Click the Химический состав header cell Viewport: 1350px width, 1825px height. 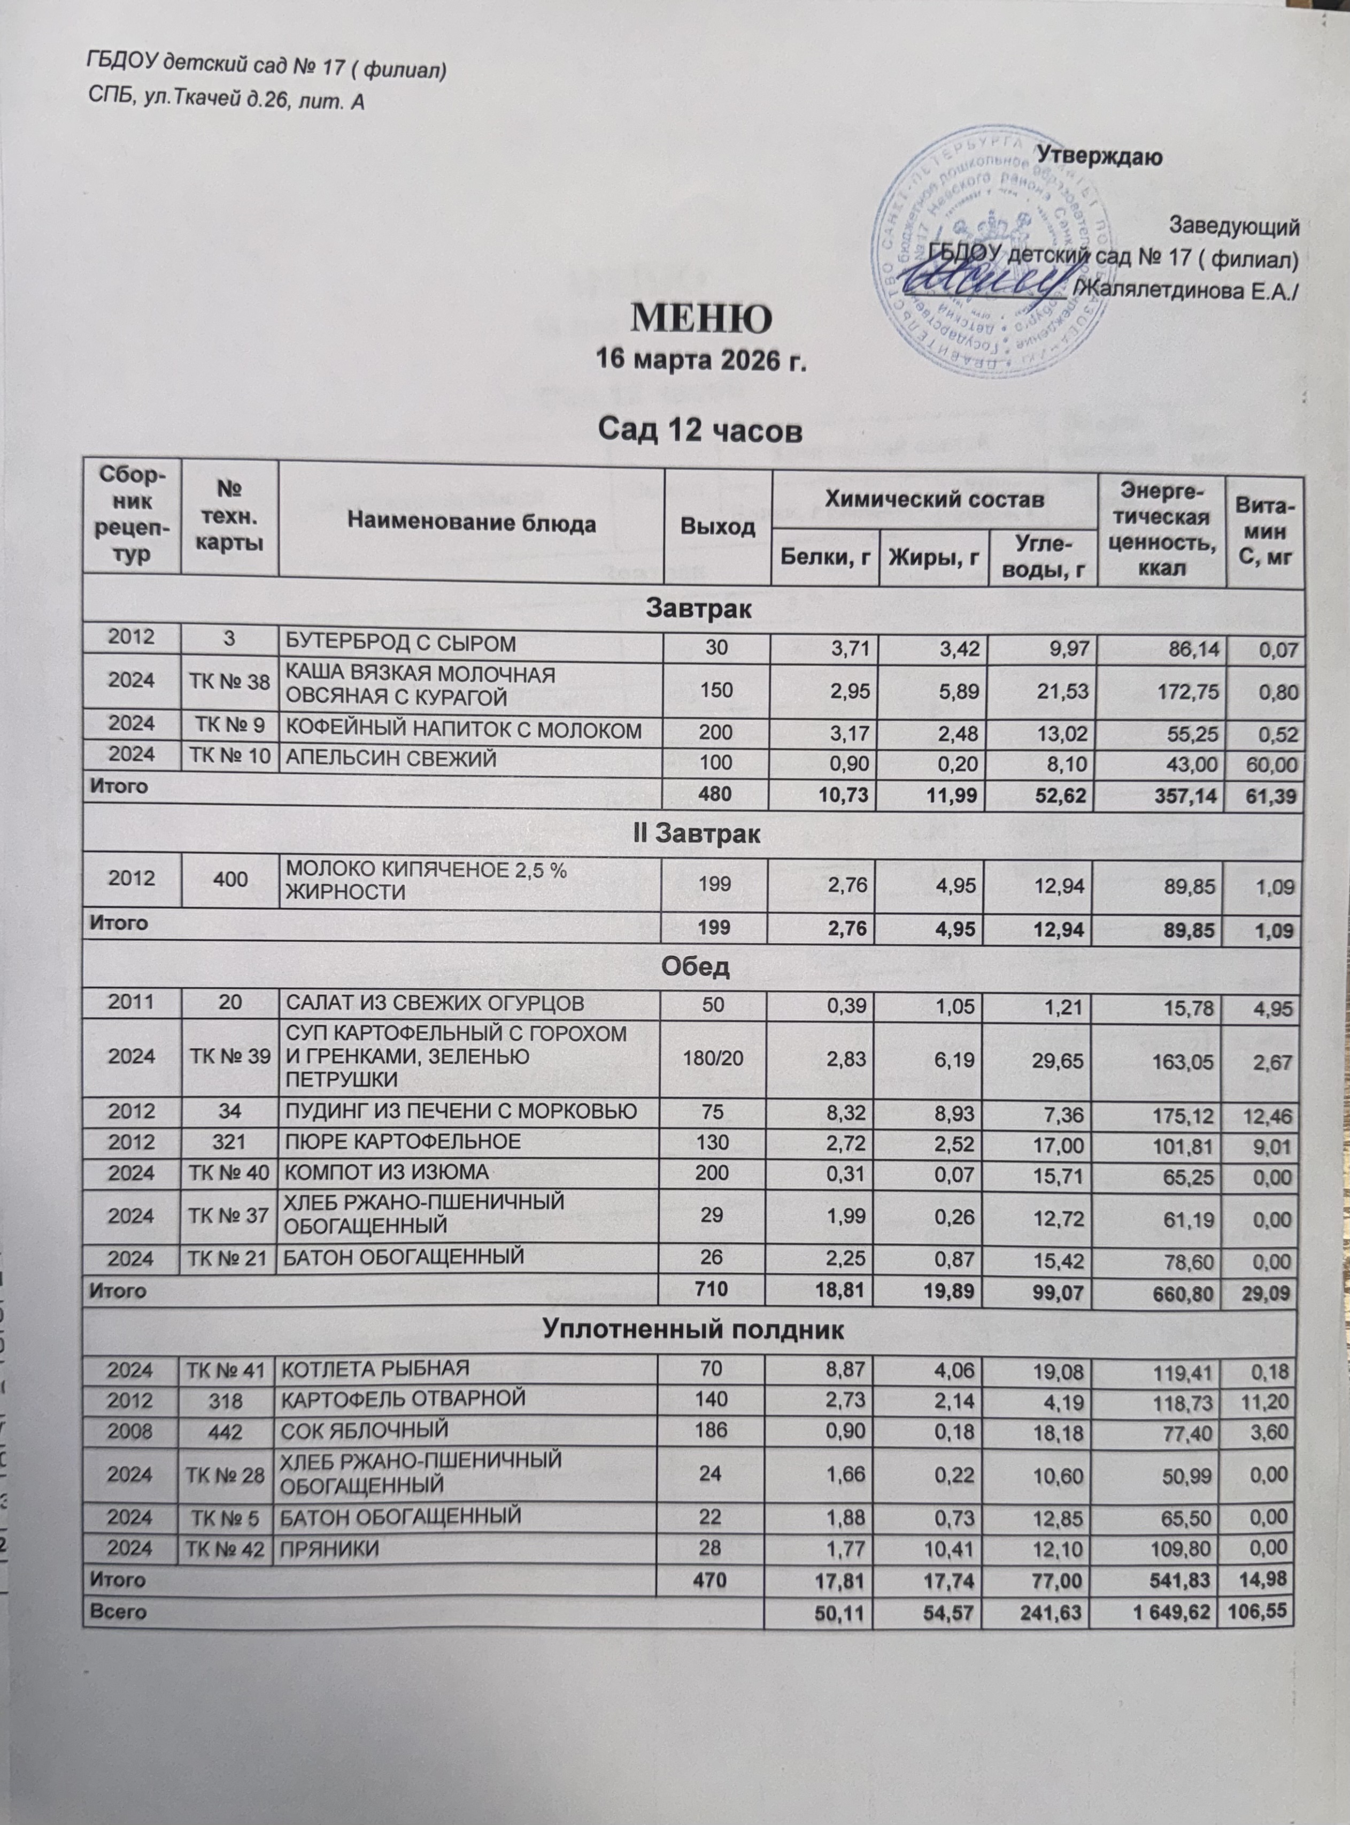point(934,499)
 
